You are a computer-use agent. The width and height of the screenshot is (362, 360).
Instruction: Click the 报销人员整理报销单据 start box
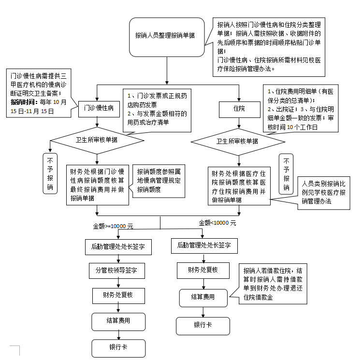tap(165, 36)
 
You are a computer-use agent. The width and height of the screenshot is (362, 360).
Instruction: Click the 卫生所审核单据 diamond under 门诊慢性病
tap(97, 140)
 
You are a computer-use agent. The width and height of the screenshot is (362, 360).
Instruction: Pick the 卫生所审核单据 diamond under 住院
tap(237, 142)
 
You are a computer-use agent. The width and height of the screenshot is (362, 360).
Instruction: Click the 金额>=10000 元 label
tap(113, 226)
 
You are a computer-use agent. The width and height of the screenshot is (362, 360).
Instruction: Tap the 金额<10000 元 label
tap(217, 223)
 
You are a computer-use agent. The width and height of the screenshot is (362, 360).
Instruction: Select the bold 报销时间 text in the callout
tap(24, 102)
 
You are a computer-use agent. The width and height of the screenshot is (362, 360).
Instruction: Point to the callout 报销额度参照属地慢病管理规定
tap(159, 180)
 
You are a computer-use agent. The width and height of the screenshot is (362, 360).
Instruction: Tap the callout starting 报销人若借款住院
tap(274, 284)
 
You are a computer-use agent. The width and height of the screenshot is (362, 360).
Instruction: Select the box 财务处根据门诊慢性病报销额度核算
tap(97, 185)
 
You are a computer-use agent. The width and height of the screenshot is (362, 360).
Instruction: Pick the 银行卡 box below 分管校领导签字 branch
tap(118, 347)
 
